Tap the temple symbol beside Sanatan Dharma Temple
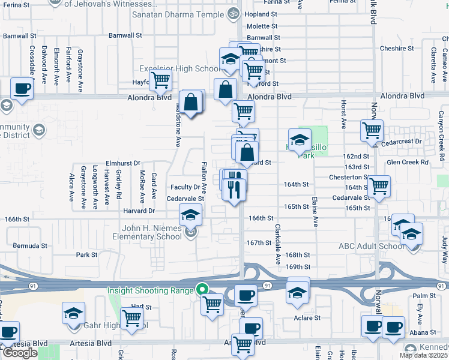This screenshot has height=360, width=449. coord(234,13)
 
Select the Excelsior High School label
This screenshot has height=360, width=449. coord(179,69)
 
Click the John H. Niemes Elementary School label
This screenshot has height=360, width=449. coord(147,232)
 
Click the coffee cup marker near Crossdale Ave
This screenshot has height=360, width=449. coord(22,89)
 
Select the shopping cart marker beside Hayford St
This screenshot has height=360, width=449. coord(160,80)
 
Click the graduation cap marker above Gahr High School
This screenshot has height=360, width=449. coord(73,313)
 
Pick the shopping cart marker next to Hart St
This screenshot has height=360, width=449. coord(131,318)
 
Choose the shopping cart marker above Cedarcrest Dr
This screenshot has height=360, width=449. coord(372,130)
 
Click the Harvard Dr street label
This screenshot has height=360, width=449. coord(139,211)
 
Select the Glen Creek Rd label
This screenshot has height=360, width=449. coord(408,162)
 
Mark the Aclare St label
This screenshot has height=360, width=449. coord(305,317)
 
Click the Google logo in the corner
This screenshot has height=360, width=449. coord(20,353)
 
